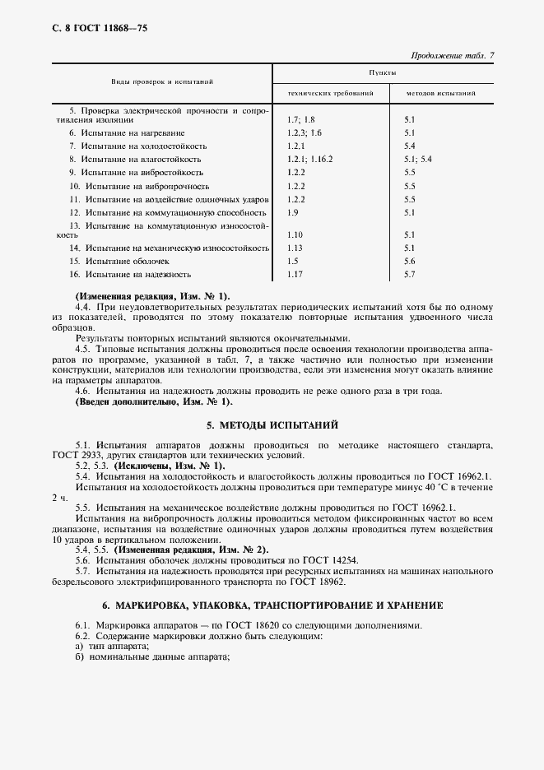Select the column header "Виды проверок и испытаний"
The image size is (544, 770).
(x=163, y=82)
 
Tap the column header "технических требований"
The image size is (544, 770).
(x=331, y=94)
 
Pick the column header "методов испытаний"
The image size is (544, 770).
(x=439, y=94)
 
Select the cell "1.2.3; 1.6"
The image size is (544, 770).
(x=305, y=132)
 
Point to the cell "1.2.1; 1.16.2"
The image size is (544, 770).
(x=310, y=158)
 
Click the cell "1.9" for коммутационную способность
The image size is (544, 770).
(x=293, y=212)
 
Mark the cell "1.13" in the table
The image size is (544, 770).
(x=295, y=248)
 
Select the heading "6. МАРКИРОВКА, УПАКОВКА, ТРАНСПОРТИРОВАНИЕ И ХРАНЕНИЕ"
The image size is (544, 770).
(x=272, y=605)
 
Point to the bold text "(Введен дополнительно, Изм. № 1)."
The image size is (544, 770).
(x=154, y=402)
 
